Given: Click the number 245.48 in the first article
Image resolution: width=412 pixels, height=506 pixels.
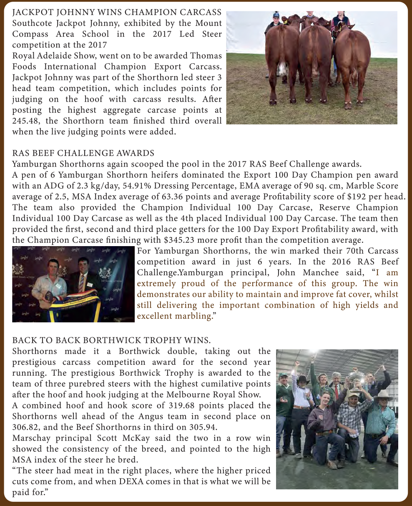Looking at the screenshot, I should point(25,121).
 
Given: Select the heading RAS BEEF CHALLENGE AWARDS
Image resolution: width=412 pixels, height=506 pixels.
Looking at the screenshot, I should point(83,153).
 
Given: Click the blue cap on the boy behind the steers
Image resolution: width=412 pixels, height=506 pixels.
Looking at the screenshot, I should point(275,14).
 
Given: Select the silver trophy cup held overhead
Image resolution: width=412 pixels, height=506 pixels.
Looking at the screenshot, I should point(356,374).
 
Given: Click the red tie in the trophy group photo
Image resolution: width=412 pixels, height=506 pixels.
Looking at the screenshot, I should point(337,391).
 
